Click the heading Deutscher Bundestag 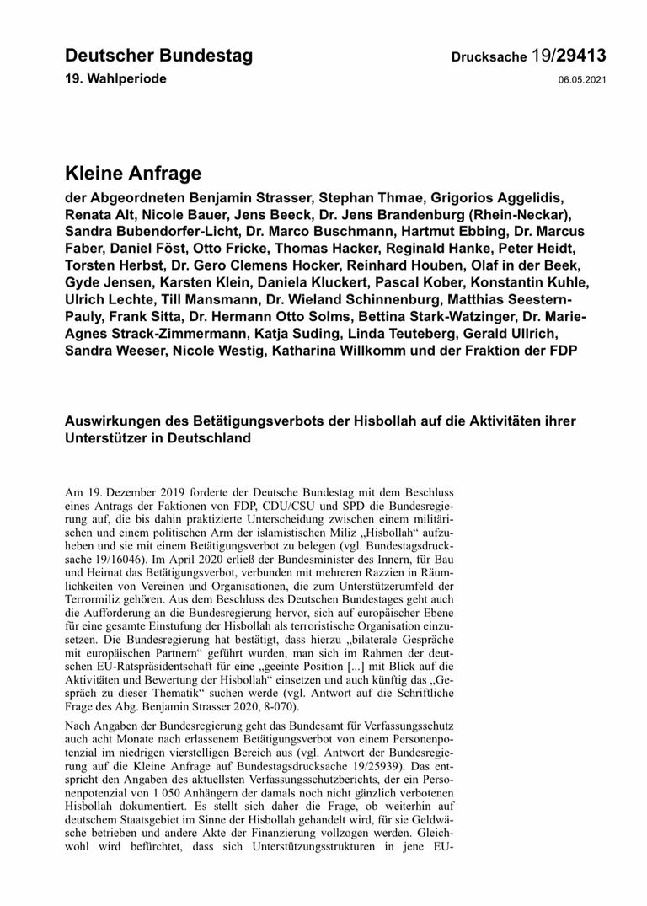(x=158, y=56)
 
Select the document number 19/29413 (x=569, y=56)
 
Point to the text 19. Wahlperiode (x=115, y=78)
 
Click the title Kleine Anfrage (x=133, y=174)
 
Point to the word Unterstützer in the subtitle (x=105, y=439)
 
